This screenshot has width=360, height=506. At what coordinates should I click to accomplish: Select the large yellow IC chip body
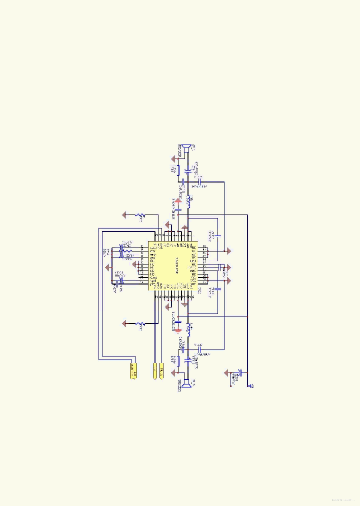coord(172,265)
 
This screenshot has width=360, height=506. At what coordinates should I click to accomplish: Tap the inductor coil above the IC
coord(188,201)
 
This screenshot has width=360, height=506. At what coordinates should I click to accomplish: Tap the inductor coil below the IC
coord(188,329)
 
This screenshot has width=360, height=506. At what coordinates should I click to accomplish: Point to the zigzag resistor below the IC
coord(141,324)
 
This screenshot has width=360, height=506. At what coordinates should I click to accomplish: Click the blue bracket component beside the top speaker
coord(178,169)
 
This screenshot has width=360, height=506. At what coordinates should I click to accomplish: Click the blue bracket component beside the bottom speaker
coord(178,360)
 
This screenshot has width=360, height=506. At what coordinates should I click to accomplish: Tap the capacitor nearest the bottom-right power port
coord(240,373)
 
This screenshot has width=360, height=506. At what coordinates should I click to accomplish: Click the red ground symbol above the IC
coord(184,227)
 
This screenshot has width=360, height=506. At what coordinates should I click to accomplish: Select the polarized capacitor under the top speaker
coord(187,171)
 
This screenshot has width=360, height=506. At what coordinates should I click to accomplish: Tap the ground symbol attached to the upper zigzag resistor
coord(124,215)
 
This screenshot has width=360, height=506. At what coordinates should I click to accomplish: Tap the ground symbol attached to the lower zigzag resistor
coord(124,324)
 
